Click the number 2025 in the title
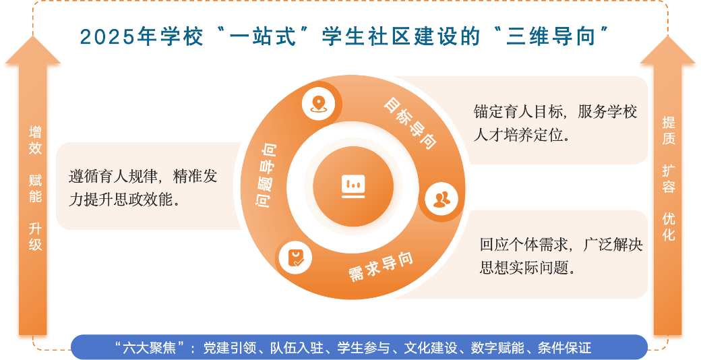click(107, 36)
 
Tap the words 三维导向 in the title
click(550, 36)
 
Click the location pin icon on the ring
click(318, 104)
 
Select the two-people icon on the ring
click(441, 199)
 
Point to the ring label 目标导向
click(410, 123)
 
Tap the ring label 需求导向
click(380, 266)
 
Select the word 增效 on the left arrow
click(35, 140)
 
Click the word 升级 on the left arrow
click(35, 237)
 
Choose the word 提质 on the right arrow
click(669, 131)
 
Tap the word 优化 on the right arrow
click(669, 227)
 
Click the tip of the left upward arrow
click(32, 36)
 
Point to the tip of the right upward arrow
click(668, 36)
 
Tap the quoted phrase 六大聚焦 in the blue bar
click(150, 347)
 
